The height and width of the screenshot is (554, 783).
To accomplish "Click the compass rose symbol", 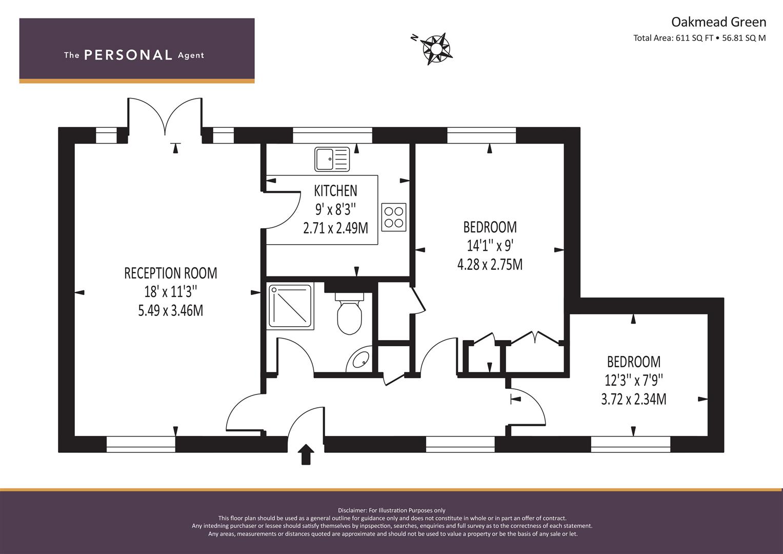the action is [436, 49].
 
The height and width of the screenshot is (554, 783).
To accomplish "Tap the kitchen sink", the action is [332, 159].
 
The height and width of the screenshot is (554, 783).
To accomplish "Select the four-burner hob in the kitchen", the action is [394, 217].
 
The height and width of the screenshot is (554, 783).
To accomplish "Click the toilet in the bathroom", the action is [349, 313].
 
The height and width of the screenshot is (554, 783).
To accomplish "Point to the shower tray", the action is [290, 306].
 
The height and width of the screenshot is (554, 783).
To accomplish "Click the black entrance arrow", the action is [306, 454].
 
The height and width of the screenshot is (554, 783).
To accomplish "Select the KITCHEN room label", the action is [335, 191].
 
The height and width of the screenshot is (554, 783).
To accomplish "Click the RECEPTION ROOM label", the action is [171, 273].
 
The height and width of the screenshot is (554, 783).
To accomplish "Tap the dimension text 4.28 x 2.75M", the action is [490, 264].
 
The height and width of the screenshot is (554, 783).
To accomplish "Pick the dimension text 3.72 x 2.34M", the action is [633, 399].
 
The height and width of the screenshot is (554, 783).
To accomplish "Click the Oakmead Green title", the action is [719, 22].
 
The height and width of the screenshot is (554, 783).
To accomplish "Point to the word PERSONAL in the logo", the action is [128, 55].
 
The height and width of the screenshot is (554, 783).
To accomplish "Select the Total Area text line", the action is [699, 38].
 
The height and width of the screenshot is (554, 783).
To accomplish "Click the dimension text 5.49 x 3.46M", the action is [171, 310].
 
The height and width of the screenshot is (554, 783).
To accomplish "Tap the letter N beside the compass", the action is [414, 38].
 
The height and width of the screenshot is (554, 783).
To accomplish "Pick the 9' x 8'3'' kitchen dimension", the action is [335, 209].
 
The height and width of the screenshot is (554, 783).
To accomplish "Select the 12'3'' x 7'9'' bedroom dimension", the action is [633, 380].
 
